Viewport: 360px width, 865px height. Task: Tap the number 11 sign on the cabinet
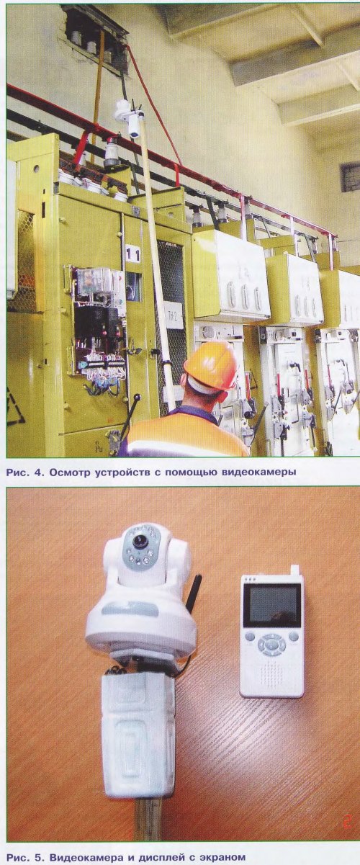click(132, 254)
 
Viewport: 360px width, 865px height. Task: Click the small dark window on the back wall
click(350, 177)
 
